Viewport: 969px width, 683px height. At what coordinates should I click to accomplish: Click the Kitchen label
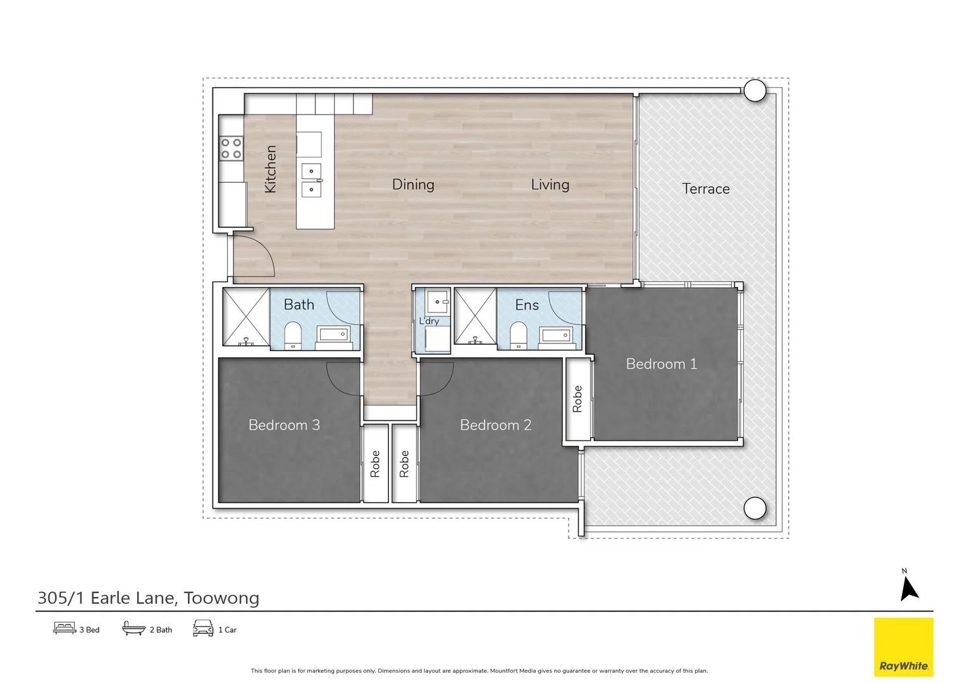pyautogui.click(x=270, y=169)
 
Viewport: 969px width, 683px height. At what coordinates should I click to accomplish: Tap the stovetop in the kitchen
pyautogui.click(x=231, y=149)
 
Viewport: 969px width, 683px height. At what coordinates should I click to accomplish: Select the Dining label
pyautogui.click(x=413, y=185)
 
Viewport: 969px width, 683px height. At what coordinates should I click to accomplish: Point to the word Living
pyautogui.click(x=550, y=185)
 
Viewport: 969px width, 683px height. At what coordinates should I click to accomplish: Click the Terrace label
pyautogui.click(x=705, y=188)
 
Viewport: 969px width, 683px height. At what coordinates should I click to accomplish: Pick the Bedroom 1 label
pyautogui.click(x=661, y=364)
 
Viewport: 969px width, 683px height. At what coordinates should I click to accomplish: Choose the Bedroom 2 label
pyautogui.click(x=495, y=425)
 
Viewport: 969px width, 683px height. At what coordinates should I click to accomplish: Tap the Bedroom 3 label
pyautogui.click(x=284, y=425)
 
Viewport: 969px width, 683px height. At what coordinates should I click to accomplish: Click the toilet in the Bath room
pyautogui.click(x=293, y=335)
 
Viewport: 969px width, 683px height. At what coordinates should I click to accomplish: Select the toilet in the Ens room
pyautogui.click(x=518, y=335)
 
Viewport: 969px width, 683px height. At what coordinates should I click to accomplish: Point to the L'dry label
pyautogui.click(x=429, y=321)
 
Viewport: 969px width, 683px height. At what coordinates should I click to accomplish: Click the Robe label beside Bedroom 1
pyautogui.click(x=577, y=399)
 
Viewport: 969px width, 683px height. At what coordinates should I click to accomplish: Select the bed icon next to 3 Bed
pyautogui.click(x=65, y=628)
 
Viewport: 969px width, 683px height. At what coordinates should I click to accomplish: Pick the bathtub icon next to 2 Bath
pyautogui.click(x=133, y=628)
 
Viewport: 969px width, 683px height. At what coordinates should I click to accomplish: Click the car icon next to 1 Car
pyautogui.click(x=203, y=628)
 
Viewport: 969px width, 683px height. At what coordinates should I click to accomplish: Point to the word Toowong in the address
pyautogui.click(x=221, y=598)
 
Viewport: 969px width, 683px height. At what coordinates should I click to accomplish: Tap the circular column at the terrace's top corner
pyautogui.click(x=755, y=90)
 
